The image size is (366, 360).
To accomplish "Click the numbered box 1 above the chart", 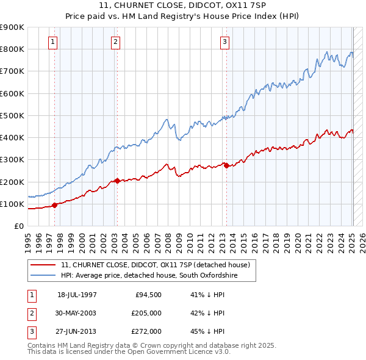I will click(x=53, y=42).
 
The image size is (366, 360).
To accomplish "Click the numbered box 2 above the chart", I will click(x=115, y=42).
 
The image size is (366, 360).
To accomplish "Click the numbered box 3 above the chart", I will click(x=224, y=42).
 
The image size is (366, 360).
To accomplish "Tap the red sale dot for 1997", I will click(x=55, y=205).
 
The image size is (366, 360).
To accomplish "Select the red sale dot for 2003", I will click(x=117, y=181).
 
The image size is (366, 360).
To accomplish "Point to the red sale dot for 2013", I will click(x=226, y=165).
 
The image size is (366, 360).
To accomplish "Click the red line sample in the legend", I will click(x=43, y=265).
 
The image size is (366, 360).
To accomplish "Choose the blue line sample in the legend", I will click(x=43, y=276).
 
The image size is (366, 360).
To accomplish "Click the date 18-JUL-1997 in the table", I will click(x=76, y=295).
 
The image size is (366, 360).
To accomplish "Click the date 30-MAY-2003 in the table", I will click(x=76, y=313).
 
